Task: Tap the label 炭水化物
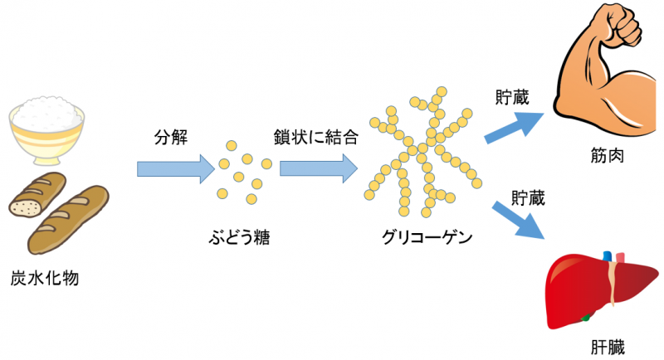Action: click(x=45, y=279)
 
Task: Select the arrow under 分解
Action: click(x=176, y=168)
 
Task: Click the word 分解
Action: click(x=171, y=138)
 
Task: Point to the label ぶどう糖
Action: click(x=239, y=237)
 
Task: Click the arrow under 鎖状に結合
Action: click(x=319, y=168)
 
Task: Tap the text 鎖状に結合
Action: click(x=316, y=137)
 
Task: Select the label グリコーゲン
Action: click(x=427, y=237)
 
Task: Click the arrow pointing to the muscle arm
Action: click(x=514, y=128)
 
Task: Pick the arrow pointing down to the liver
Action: click(x=518, y=220)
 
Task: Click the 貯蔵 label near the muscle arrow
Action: click(x=512, y=98)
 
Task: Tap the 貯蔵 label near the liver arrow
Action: click(x=528, y=198)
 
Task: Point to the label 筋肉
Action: click(x=608, y=156)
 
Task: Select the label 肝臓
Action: click(x=608, y=348)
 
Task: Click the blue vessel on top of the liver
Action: click(x=608, y=256)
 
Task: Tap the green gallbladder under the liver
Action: click(x=586, y=317)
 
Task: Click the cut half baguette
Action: click(x=37, y=195)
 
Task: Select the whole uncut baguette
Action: click(x=68, y=220)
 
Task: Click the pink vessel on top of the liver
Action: click(x=620, y=258)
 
